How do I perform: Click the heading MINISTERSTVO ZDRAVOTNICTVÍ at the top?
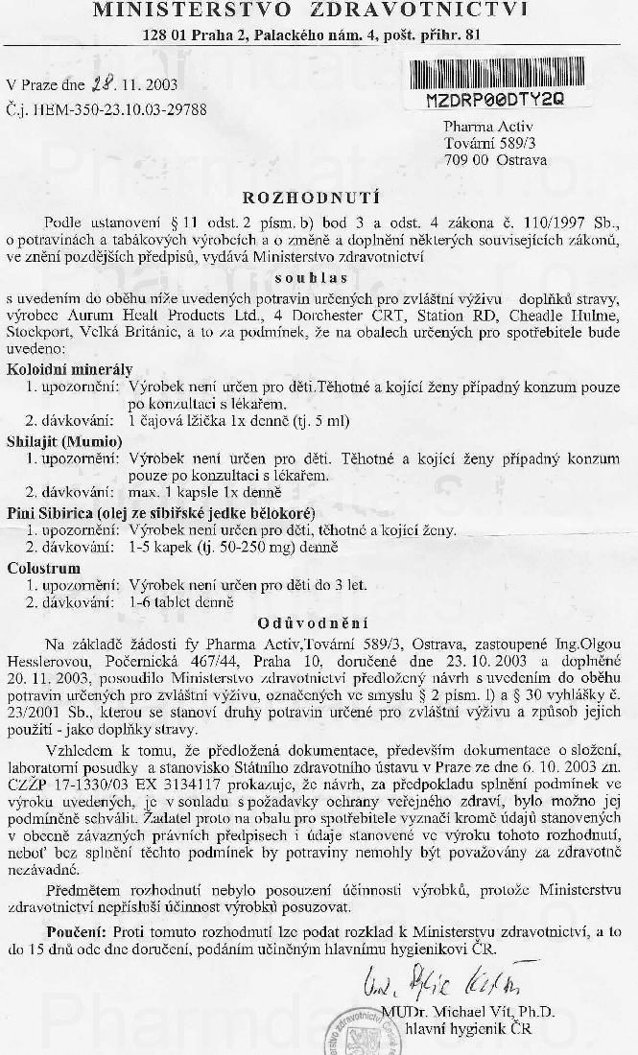click(310, 11)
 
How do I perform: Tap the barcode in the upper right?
click(495, 75)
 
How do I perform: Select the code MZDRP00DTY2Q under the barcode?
click(495, 98)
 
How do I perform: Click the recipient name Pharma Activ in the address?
click(487, 126)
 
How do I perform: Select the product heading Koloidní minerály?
click(70, 369)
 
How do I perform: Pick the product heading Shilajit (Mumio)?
click(64, 441)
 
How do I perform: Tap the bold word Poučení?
click(77, 930)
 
